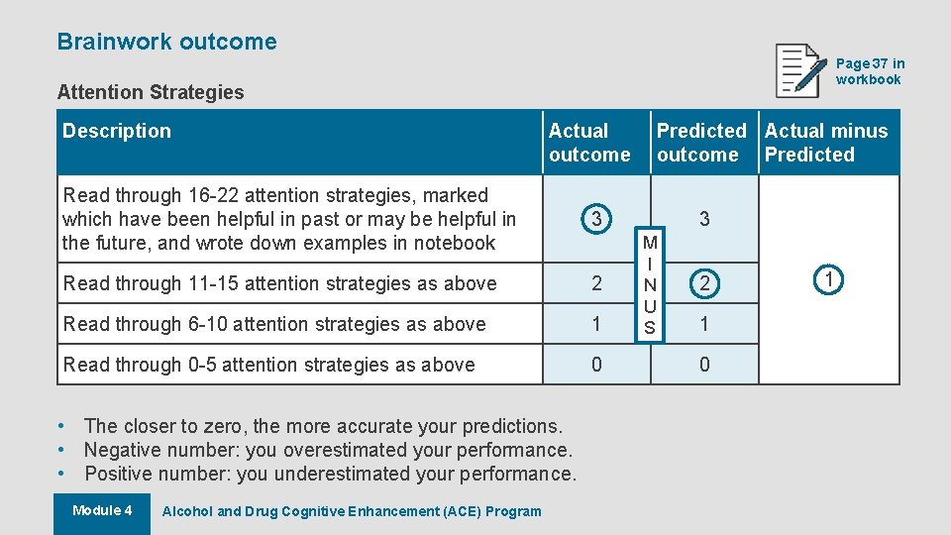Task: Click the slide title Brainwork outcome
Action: pos(166,42)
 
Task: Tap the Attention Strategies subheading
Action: pos(151,92)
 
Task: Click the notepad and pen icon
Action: pos(800,70)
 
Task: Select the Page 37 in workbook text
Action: pos(870,71)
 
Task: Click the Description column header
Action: pos(117,131)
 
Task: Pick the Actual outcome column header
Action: pos(589,143)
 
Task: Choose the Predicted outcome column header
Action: pos(701,143)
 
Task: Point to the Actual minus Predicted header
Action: pos(826,143)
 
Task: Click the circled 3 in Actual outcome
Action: pos(595,219)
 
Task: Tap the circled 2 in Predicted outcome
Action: pos(704,283)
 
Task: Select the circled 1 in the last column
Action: pos(828,280)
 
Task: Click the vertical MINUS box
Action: pos(650,285)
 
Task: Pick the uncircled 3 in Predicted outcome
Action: pos(704,219)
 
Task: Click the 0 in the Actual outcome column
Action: pos(595,365)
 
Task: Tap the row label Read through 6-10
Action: pos(274,324)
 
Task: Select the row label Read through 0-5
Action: pos(268,365)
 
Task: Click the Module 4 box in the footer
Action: pos(102,511)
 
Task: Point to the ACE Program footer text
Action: pos(352,511)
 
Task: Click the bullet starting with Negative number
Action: pos(328,450)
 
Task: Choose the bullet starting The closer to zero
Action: pos(323,426)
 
